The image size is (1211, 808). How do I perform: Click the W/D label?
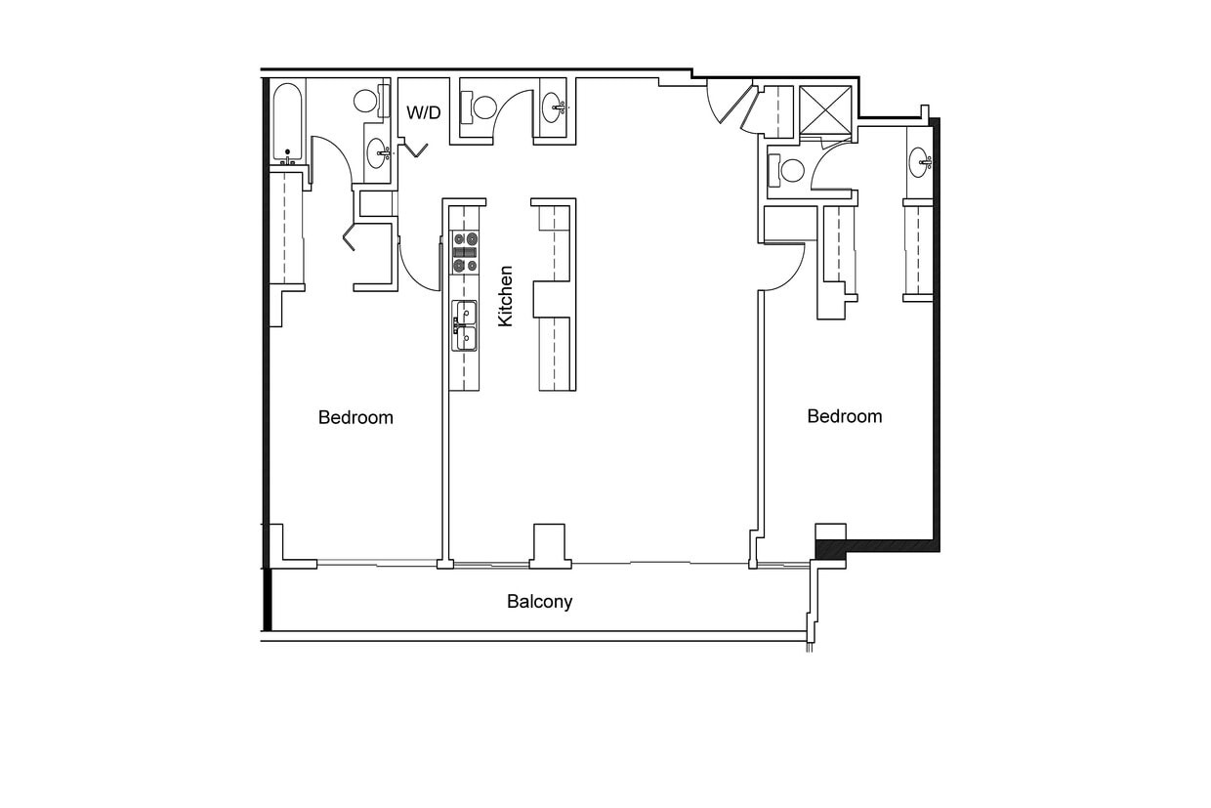click(423, 113)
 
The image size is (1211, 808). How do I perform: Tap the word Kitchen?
click(505, 296)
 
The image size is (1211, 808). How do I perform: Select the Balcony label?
click(539, 602)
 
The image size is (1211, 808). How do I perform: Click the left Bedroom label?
click(355, 418)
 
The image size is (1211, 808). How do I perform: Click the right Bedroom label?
click(844, 416)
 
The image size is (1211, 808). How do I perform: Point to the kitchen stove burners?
click(465, 251)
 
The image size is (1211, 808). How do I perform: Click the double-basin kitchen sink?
click(464, 325)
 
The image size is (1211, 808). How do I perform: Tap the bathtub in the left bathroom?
click(287, 122)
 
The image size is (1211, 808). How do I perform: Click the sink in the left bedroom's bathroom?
click(377, 152)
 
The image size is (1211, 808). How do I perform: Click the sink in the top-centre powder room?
click(552, 103)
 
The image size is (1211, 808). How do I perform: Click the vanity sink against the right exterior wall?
click(919, 162)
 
